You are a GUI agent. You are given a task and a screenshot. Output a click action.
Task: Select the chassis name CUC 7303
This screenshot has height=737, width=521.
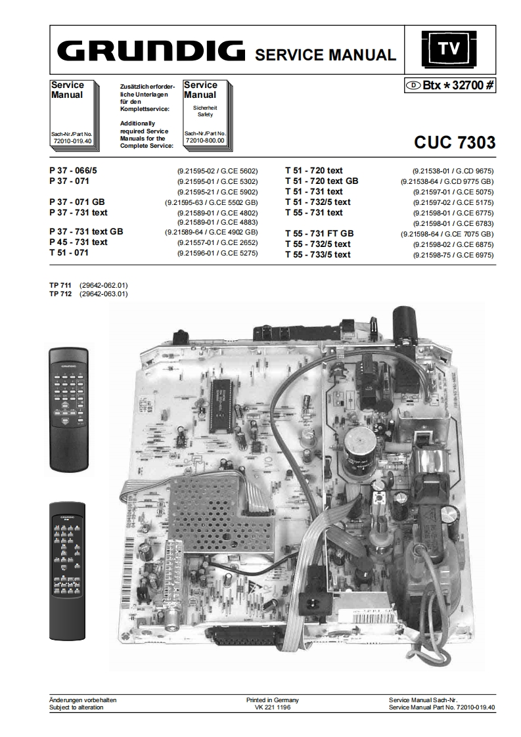pos(454,143)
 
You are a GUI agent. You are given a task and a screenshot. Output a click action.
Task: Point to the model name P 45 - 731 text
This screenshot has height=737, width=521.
pos(78,242)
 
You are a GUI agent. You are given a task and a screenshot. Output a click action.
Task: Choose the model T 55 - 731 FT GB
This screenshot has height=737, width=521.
pos(319,233)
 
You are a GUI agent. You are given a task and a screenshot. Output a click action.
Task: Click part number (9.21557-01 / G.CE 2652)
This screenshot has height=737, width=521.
pos(216,242)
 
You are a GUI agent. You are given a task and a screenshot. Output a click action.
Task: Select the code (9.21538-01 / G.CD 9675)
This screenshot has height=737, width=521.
pos(453,171)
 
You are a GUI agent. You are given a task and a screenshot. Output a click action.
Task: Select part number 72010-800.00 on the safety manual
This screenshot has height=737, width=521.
pos(205,140)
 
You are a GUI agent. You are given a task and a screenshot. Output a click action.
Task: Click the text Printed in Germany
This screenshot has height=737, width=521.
pos(272,700)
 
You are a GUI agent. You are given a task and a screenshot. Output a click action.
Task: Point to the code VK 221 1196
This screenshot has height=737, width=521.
pos(272,707)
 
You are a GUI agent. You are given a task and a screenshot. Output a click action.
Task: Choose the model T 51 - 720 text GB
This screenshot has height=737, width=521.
pos(322,181)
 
